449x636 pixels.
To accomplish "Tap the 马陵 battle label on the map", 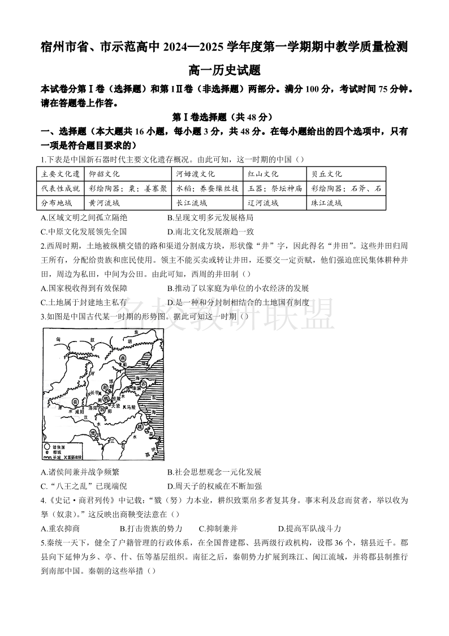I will tap(130, 407).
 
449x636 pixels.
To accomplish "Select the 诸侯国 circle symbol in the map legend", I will tap(46, 447).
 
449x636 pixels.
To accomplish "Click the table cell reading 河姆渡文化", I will tap(195, 174).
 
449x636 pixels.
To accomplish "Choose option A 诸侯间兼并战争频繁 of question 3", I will tap(80, 472).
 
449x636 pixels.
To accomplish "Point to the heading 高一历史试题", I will tap(224, 70).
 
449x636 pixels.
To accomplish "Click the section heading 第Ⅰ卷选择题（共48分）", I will tap(224, 117).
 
